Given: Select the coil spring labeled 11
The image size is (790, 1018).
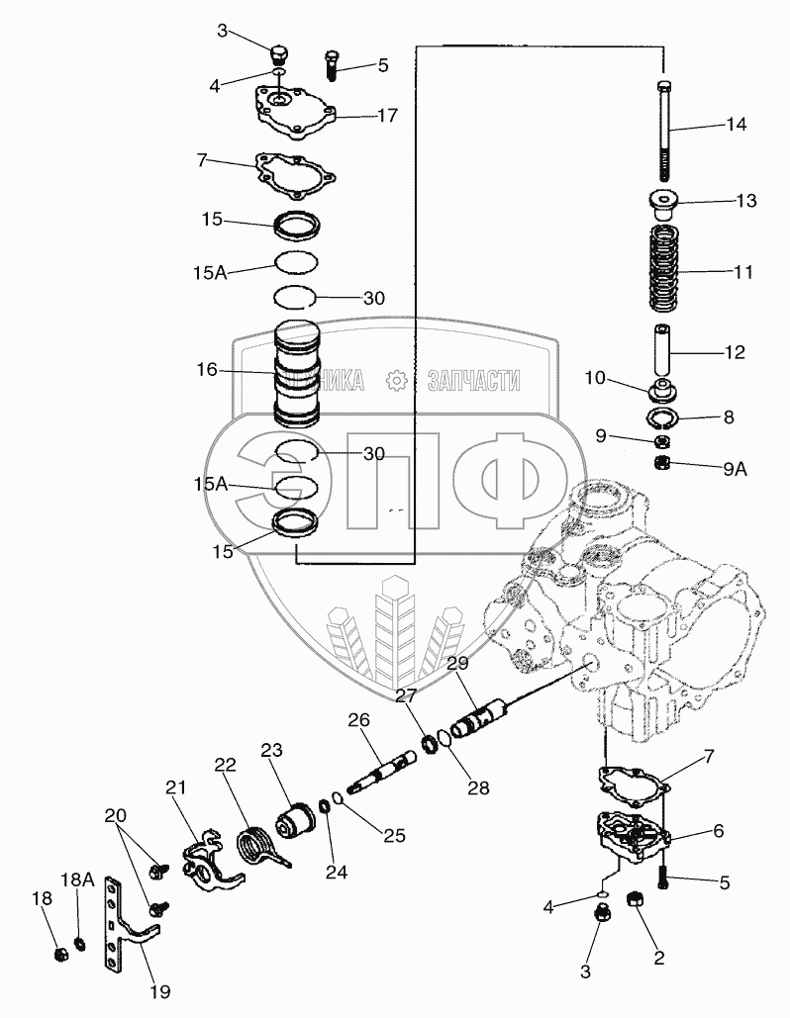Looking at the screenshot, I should [x=666, y=269].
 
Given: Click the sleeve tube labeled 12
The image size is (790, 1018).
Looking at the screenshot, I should [x=665, y=350].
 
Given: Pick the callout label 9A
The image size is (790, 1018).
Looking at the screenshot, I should [x=734, y=470].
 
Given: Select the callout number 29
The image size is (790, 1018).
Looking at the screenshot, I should [x=455, y=665].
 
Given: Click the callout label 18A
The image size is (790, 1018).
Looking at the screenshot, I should [x=78, y=879].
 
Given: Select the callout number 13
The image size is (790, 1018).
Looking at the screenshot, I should [x=745, y=201].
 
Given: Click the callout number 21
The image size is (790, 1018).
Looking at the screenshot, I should [x=176, y=787].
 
